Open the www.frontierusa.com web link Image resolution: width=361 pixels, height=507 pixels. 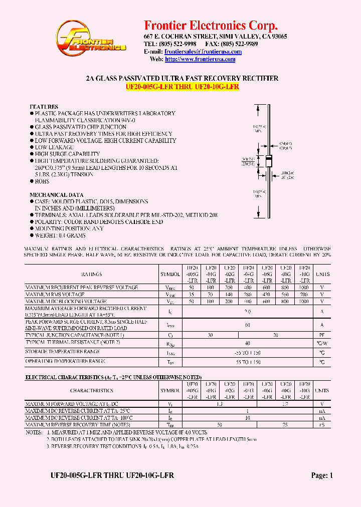[x=200, y=59]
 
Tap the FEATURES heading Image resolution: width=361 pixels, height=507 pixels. [x=44, y=107]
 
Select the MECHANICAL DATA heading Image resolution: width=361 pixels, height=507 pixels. [x=56, y=195]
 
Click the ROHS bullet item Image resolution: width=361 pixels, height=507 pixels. [x=42, y=181]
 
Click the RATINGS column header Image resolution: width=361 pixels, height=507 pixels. [x=92, y=274]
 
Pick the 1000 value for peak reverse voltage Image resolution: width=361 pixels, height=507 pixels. [x=304, y=288]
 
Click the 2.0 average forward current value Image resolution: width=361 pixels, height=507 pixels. [x=248, y=311]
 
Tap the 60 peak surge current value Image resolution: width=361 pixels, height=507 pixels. [x=248, y=325]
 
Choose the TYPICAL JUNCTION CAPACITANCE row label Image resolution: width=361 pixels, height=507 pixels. [x=75, y=335]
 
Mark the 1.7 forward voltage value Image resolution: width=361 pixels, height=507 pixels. [x=285, y=404]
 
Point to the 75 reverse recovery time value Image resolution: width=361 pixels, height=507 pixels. [x=285, y=424]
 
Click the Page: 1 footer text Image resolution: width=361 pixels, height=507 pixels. [x=321, y=475]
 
